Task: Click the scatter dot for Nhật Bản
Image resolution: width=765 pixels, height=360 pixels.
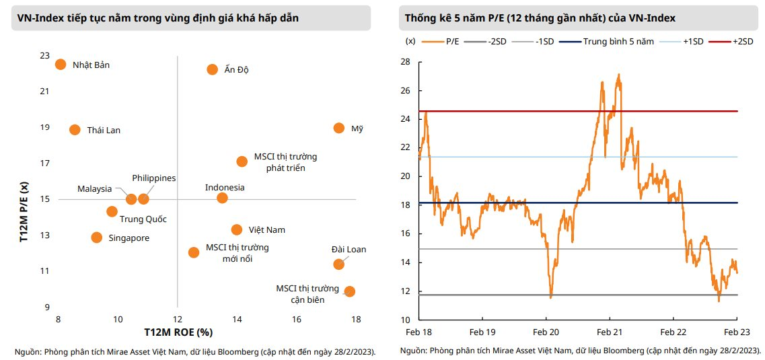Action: (x=60, y=65)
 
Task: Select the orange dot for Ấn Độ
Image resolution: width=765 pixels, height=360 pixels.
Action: (x=212, y=69)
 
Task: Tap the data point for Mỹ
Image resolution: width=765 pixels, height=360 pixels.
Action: (x=339, y=128)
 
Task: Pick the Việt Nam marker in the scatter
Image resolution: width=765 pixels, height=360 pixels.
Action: (x=237, y=229)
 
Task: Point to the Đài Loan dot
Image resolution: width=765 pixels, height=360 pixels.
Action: (x=339, y=264)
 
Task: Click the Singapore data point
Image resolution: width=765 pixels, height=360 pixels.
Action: (x=97, y=238)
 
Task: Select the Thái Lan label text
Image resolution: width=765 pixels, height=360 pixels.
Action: (x=104, y=130)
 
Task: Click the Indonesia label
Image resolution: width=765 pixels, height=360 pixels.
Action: (x=225, y=187)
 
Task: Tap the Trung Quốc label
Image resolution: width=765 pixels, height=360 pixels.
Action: (x=143, y=219)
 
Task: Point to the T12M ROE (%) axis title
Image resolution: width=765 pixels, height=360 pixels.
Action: (x=178, y=332)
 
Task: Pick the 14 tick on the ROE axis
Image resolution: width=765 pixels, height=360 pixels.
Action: (x=237, y=319)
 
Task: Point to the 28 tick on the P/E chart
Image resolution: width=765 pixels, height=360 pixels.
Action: (x=405, y=62)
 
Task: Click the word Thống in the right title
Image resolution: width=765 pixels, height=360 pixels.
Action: (x=421, y=18)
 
